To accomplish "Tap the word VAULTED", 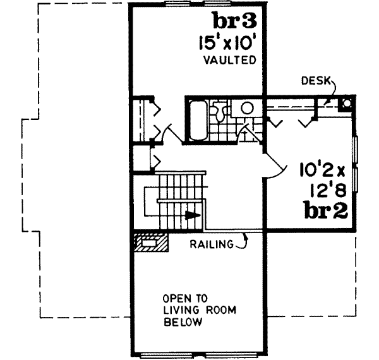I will (229, 61).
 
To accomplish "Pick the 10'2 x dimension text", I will (322, 170).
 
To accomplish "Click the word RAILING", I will (211, 243).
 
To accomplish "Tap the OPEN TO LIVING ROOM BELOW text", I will (183, 310).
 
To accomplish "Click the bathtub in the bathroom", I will (196, 121).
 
